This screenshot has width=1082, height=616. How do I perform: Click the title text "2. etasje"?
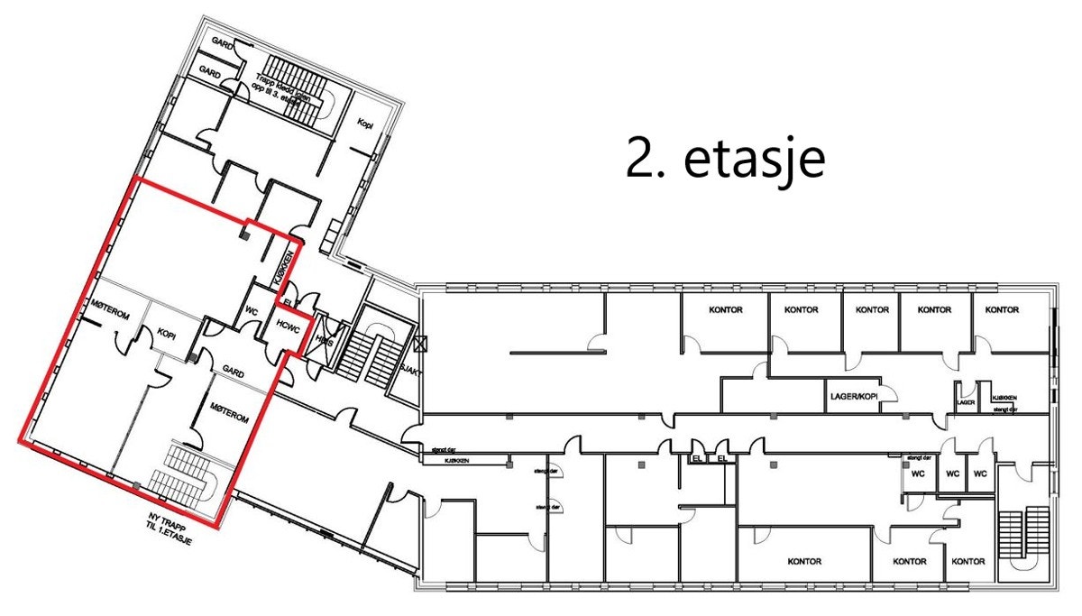click(x=725, y=161)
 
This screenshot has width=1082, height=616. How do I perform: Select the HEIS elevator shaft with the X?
click(x=324, y=338)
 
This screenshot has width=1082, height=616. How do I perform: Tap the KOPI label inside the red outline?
click(x=166, y=334)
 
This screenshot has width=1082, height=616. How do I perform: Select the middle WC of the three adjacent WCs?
click(x=951, y=473)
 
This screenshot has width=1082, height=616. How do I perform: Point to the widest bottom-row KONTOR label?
click(x=803, y=561)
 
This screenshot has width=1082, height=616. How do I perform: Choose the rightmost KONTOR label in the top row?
click(x=1002, y=310)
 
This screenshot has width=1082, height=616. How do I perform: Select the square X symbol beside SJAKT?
click(x=419, y=344)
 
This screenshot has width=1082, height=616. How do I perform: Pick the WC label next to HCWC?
click(x=252, y=312)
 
